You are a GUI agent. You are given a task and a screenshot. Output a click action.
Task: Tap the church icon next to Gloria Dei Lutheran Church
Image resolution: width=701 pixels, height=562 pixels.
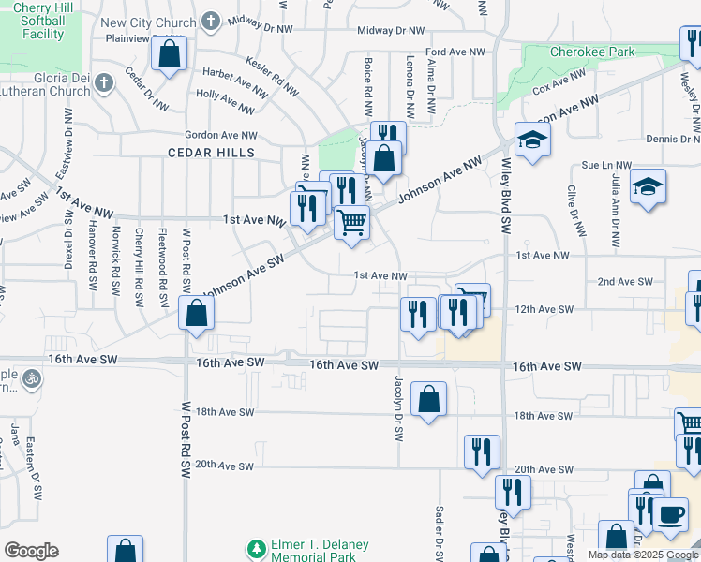pos(102,84)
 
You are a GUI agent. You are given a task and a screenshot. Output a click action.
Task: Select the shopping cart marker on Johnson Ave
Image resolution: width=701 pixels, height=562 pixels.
pos(351,224)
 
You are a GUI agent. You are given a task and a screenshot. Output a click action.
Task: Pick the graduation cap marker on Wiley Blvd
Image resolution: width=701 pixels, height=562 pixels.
pos(532,140)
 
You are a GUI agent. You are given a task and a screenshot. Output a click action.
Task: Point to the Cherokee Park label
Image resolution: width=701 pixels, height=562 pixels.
pos(591,52)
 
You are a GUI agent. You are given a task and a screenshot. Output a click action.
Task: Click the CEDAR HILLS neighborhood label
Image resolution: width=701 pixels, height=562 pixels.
pos(211,152)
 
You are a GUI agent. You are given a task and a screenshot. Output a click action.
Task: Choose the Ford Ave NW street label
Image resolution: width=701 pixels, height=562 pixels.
pos(455,52)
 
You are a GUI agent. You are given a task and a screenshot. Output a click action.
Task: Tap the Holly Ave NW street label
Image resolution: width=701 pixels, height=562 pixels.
pos(219,96)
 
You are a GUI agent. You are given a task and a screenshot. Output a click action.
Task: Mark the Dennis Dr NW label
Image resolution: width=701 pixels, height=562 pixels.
pos(670,139)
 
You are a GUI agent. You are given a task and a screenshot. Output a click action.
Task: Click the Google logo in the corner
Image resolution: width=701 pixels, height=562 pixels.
pos(31,551)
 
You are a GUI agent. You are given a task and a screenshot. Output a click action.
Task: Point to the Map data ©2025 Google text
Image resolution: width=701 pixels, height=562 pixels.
pos(643,555)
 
